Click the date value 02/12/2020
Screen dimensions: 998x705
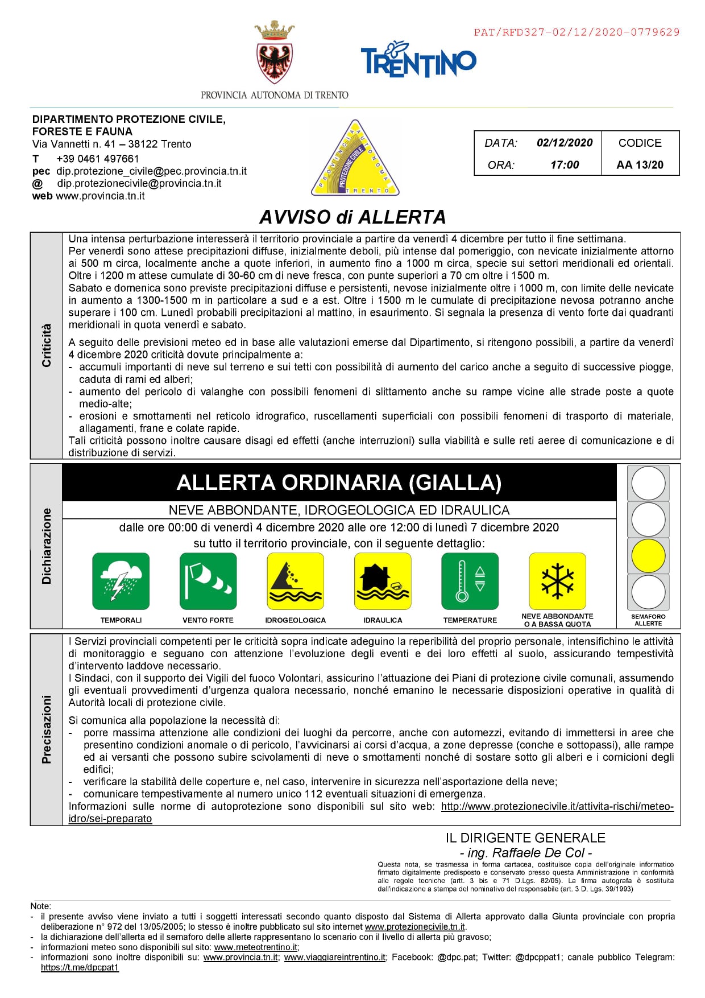564,143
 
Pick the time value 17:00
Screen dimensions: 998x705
564,165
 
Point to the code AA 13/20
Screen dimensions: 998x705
640,165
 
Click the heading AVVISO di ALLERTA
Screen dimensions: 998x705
353,217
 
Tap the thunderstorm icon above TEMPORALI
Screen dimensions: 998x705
121,581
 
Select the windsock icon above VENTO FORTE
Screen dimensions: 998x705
208,581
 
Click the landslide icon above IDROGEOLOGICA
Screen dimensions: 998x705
295,581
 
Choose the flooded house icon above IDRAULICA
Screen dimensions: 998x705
383,581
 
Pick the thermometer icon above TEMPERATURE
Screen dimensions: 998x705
470,581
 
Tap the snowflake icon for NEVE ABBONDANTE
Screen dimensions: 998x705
557,581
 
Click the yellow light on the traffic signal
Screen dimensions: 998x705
648,555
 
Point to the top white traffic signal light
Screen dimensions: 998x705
648,483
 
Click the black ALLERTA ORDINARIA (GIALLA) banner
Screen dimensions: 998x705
339,482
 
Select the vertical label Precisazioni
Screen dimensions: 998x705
47,729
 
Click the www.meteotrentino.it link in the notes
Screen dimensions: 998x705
256,947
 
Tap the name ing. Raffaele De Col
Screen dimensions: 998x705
526,852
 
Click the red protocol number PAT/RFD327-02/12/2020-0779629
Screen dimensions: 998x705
577,32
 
